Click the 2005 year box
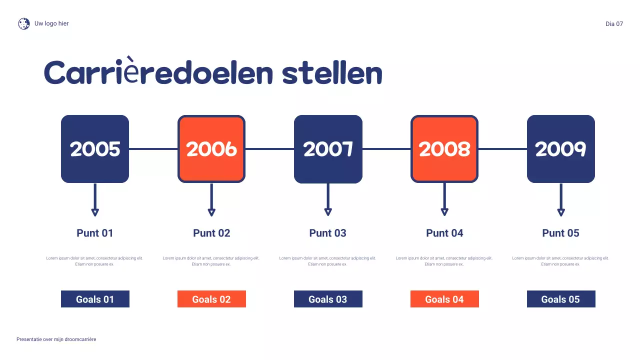95,149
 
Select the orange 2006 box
211,149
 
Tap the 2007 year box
328,149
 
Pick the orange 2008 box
444,149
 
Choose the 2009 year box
561,149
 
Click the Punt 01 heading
95,233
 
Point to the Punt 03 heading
328,233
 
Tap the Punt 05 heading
561,233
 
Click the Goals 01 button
95,299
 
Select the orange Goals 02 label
211,299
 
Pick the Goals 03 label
328,299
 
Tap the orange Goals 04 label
444,299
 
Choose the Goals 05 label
561,299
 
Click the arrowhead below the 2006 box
211,212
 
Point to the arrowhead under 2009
561,212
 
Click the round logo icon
24,23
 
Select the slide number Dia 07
614,24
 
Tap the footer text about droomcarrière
56,339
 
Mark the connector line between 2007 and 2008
386,149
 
